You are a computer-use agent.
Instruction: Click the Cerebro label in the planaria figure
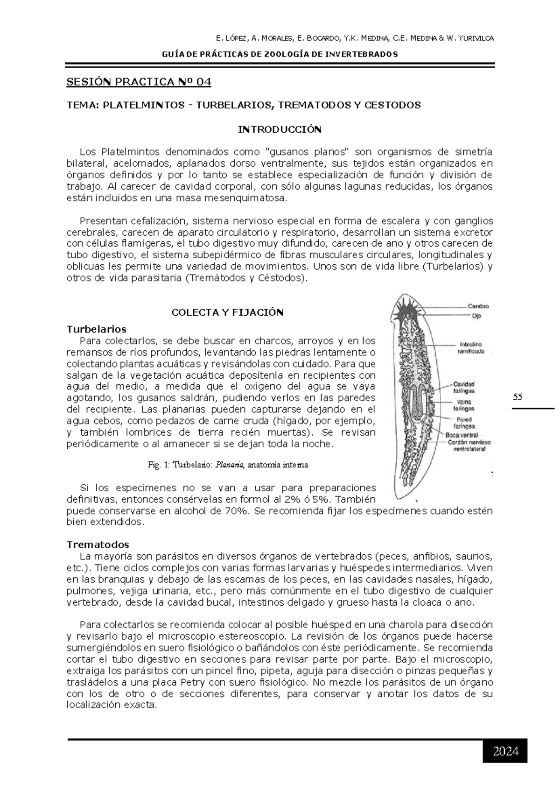tap(478, 306)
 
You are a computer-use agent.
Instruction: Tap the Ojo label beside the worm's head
tap(472, 316)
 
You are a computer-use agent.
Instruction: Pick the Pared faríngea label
tap(464, 423)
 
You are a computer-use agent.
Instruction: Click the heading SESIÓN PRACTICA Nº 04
tap(139, 82)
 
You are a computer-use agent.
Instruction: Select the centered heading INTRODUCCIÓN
tap(280, 129)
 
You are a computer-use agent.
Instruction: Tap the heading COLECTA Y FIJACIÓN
tap(228, 312)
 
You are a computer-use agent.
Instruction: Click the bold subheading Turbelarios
tap(96, 329)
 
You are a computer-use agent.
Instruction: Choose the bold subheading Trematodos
tap(98, 544)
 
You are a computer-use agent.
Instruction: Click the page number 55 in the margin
tap(518, 397)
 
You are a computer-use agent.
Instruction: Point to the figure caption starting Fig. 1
tap(228, 465)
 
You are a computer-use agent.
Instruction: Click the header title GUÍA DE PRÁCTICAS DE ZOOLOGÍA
tap(280, 54)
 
